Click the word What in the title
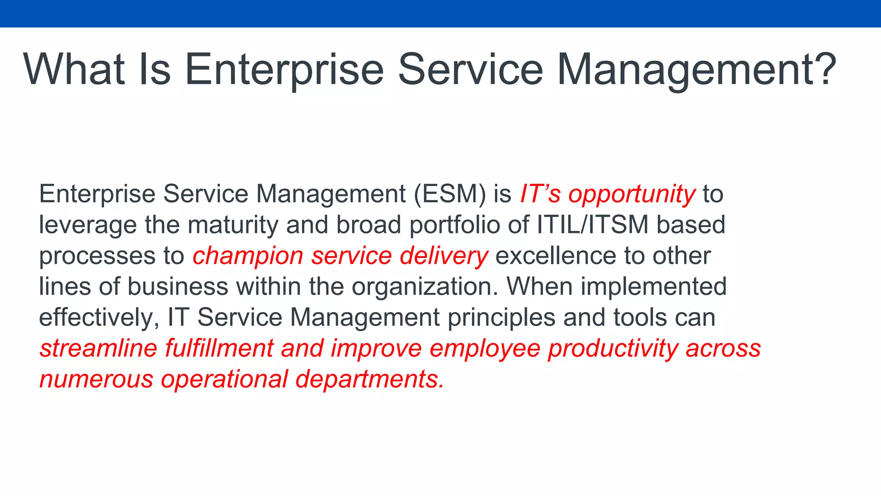point(74,69)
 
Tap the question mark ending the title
point(825,69)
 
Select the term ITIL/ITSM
point(592,225)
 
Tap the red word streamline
point(99,348)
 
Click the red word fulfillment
point(219,348)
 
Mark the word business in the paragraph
point(178,287)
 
